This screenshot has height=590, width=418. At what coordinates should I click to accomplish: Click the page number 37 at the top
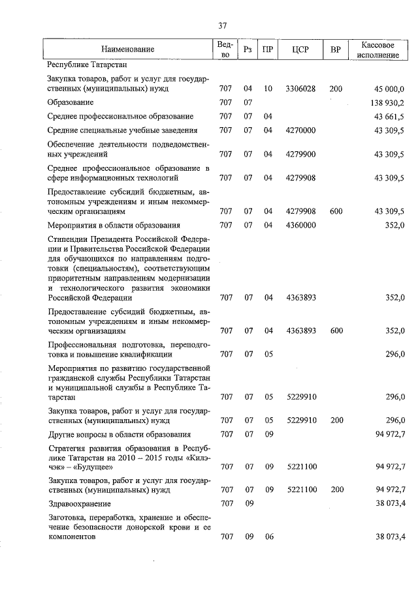tap(222, 26)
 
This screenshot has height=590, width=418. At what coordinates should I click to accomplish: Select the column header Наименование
tap(128, 50)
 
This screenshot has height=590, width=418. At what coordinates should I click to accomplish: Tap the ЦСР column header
tap(300, 50)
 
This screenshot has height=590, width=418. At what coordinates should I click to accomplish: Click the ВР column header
tap(336, 50)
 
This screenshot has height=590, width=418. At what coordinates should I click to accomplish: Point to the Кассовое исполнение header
tap(378, 50)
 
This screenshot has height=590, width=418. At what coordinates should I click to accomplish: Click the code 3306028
tap(300, 89)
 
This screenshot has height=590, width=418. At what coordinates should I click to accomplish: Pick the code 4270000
tap(300, 130)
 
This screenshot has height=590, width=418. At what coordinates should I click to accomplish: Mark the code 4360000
tap(300, 226)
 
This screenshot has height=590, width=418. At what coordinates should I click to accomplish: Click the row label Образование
tap(71, 102)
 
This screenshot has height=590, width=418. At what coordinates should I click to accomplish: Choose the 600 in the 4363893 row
tap(336, 331)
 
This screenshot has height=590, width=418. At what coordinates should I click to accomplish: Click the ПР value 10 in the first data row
tap(268, 89)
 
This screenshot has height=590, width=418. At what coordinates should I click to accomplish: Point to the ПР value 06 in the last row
tap(268, 537)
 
